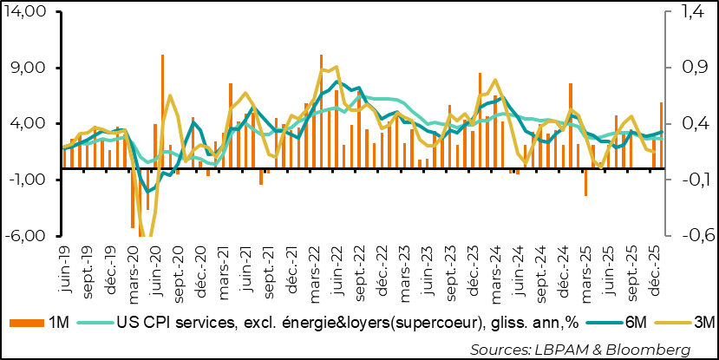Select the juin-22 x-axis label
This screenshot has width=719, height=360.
coord(337,265)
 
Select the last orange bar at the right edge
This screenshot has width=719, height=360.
coord(662,121)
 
